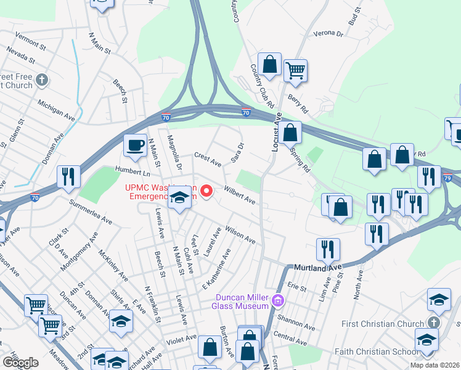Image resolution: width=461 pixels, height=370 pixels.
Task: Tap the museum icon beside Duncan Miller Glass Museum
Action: (x=278, y=302)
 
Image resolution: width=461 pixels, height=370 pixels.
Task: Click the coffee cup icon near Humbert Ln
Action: (x=136, y=146)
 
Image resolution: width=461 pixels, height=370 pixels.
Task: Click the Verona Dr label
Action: (x=328, y=33)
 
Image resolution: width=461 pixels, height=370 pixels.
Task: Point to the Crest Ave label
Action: (x=207, y=160)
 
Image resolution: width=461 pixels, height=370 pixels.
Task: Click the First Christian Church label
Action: (x=383, y=324)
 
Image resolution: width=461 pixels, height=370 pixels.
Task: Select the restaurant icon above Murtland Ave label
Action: (x=327, y=249)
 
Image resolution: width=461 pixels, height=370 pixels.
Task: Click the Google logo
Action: (x=20, y=363)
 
